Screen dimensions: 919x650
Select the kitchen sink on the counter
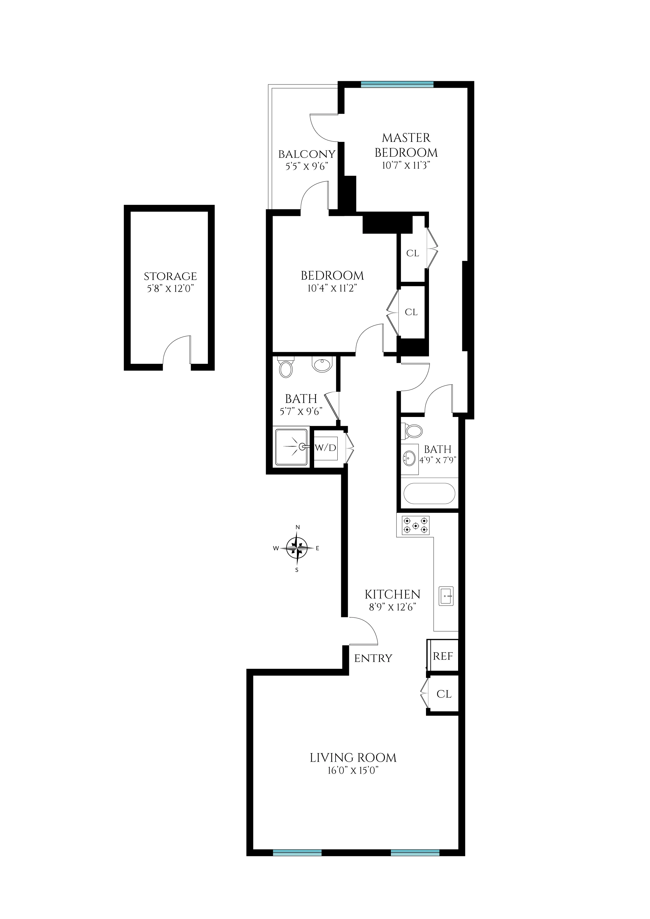click(446, 596)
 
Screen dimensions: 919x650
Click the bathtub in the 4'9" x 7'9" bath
click(429, 493)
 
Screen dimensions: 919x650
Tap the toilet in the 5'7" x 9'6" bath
click(286, 368)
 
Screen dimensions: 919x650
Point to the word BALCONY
click(307, 154)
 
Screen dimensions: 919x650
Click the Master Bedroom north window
click(397, 84)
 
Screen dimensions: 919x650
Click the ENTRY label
click(373, 658)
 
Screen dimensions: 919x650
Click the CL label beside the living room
click(444, 694)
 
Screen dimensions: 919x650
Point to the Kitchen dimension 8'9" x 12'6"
click(392, 607)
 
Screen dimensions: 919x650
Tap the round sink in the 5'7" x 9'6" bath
click(322, 364)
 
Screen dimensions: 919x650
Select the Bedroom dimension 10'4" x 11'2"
click(332, 288)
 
